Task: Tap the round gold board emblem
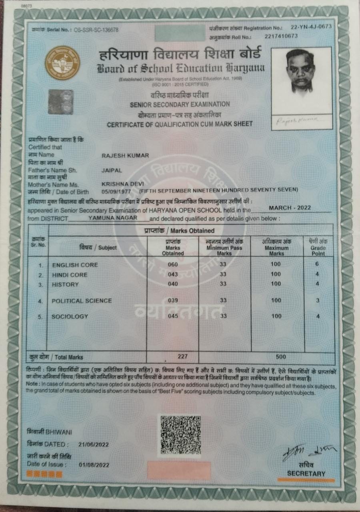[x=62, y=64]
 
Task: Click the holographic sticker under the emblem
[x=61, y=102]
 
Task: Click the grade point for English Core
[x=317, y=265]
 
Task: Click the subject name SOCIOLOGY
[x=70, y=316]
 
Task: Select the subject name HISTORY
[x=65, y=284]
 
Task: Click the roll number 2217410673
[x=281, y=36]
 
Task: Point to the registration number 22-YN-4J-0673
[x=306, y=27]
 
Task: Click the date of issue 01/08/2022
[x=94, y=464]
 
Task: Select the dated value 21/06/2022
[x=94, y=444]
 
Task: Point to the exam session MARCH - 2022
[x=290, y=208]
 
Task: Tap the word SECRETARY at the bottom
[x=306, y=474]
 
